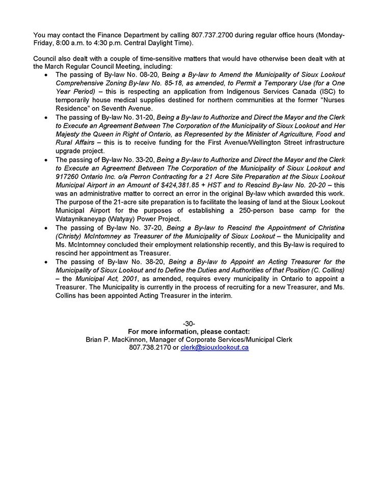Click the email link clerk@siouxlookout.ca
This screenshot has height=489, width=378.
[x=214, y=347]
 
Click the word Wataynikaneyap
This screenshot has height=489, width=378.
[x=83, y=219]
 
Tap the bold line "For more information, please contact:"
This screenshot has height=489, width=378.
[x=188, y=332]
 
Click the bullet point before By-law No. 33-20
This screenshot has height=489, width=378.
[x=47, y=160]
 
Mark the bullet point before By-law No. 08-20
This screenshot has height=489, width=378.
[x=47, y=74]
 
